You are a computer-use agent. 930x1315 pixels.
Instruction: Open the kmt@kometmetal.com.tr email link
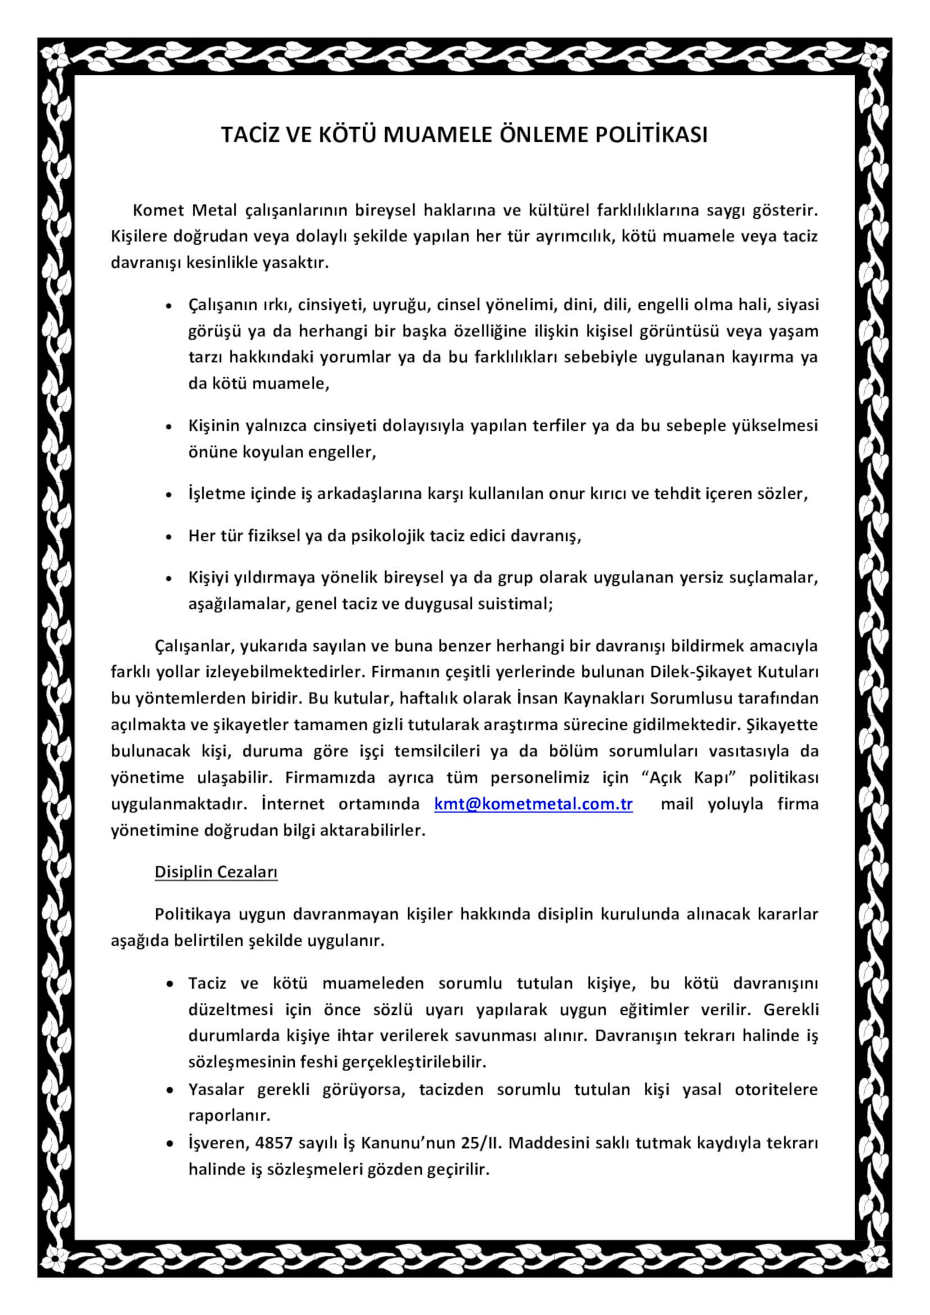coord(533,804)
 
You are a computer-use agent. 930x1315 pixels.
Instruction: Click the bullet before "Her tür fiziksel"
coord(169,537)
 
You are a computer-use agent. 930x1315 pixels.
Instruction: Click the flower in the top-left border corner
coord(57,57)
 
